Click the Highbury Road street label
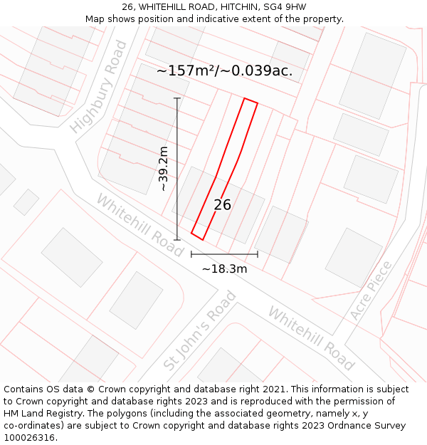(x=99, y=87)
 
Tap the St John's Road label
(x=200, y=330)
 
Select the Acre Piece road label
(x=371, y=290)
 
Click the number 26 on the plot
(x=222, y=205)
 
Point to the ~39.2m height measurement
(x=164, y=169)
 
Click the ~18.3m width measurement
(x=224, y=268)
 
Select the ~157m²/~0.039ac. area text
(x=224, y=71)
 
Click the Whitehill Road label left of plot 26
(x=139, y=226)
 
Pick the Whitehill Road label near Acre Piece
(x=311, y=338)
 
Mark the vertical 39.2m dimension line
(x=177, y=169)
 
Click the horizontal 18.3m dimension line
(x=224, y=253)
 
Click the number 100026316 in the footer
(x=30, y=438)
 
